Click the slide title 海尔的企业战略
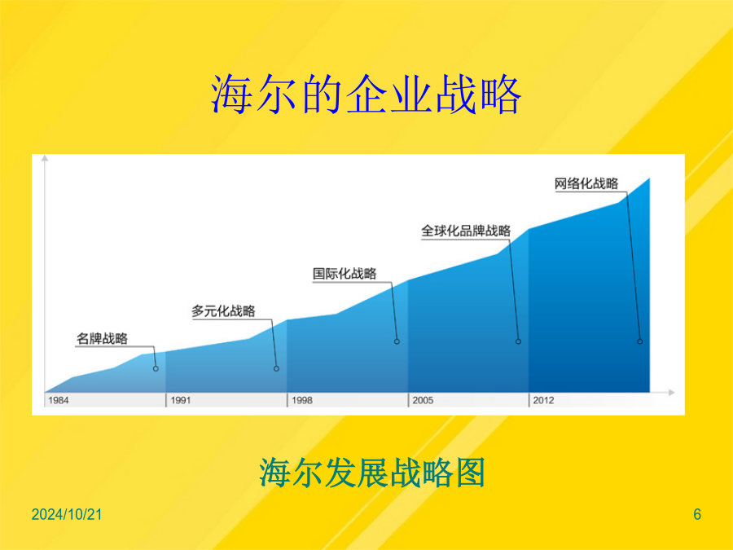366,95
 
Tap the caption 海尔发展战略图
372,473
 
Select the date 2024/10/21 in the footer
67,514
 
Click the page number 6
697,514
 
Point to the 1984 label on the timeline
59,400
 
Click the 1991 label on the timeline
181,400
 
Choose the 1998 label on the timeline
302,400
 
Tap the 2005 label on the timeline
423,400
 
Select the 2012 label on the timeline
544,400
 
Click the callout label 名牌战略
102,339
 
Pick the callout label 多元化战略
223,311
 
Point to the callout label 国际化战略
345,274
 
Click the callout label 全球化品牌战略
466,231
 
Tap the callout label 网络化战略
586,183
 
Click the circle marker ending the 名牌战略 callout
156,368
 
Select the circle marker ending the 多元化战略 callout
276,368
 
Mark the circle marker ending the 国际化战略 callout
397,341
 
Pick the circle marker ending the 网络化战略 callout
640,341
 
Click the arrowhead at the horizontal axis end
672,393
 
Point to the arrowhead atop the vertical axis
45,158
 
